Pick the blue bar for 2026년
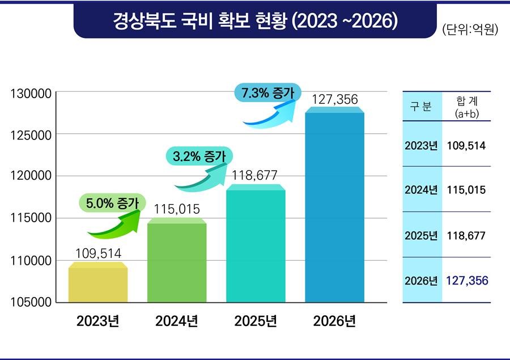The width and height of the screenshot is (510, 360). coord(334,207)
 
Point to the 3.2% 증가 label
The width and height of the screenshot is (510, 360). coord(200,156)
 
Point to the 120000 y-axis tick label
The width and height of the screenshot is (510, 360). coord(32,176)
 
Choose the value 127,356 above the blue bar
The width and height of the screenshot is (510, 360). coord(334,100)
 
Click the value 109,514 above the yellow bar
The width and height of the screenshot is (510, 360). coord(99,253)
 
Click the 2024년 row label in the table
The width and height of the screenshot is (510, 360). coord(421,190)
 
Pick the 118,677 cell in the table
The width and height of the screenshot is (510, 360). coord(466,235)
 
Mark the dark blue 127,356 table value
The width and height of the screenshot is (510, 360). coord(467,281)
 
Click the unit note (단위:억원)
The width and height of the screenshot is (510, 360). coord(469,29)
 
